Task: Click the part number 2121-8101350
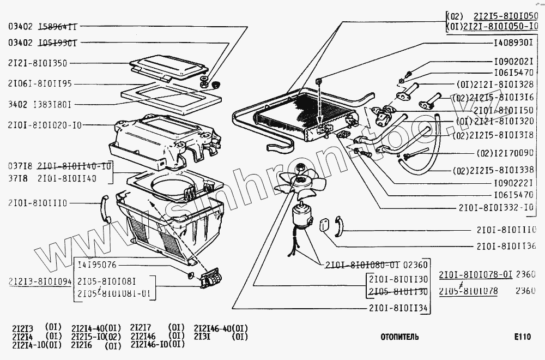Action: [x=38, y=63]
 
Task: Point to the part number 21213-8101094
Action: [x=40, y=281]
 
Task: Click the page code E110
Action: [x=521, y=337]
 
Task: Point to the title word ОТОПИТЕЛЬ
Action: [x=399, y=337]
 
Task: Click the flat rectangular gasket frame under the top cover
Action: [x=172, y=97]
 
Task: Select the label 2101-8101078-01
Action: [x=476, y=274]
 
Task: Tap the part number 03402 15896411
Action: [x=42, y=26]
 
